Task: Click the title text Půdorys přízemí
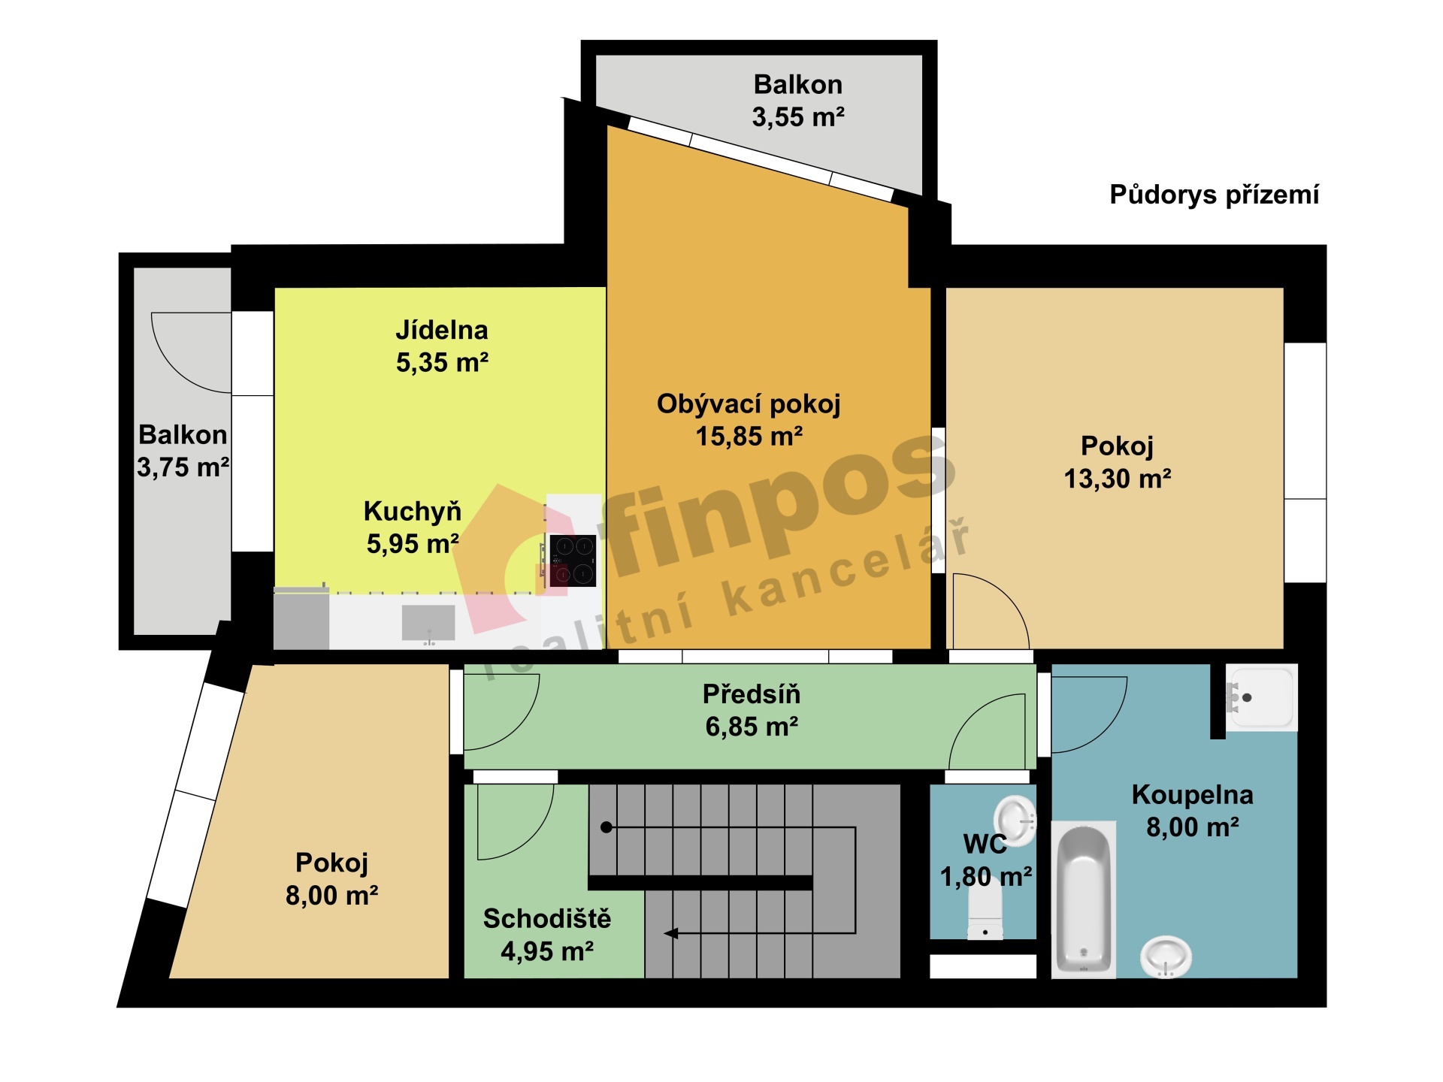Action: [x=1214, y=195]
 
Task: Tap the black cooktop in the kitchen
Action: [x=573, y=561]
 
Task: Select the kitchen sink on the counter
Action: [x=428, y=623]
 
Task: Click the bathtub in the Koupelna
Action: [x=1083, y=900]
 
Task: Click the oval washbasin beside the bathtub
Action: [x=1166, y=957]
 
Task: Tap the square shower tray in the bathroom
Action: [x=1261, y=698]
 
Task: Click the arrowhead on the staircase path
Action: [x=671, y=933]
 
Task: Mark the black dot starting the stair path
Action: [x=607, y=827]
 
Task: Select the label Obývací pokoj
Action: [x=749, y=404]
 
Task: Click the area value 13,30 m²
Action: [x=1118, y=479]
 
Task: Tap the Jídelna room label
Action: [x=442, y=330]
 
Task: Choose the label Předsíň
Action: [x=752, y=694]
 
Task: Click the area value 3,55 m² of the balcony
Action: [x=798, y=117]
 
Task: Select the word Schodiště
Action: [x=547, y=918]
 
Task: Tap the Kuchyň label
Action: [x=413, y=512]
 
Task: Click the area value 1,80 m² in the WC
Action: [x=986, y=877]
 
